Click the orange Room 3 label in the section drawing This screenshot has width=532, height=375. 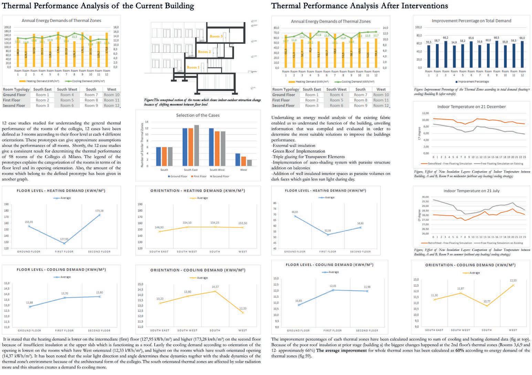(x=216, y=36)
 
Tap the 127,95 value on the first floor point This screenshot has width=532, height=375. (x=64, y=239)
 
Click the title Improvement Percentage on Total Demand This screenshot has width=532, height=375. (x=471, y=21)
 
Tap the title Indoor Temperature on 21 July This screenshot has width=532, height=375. (x=471, y=191)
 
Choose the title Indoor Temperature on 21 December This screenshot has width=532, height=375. (x=471, y=107)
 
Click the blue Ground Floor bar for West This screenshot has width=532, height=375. (x=238, y=159)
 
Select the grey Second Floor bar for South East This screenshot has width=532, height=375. (x=197, y=145)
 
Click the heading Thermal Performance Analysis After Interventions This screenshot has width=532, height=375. (x=359, y=6)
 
